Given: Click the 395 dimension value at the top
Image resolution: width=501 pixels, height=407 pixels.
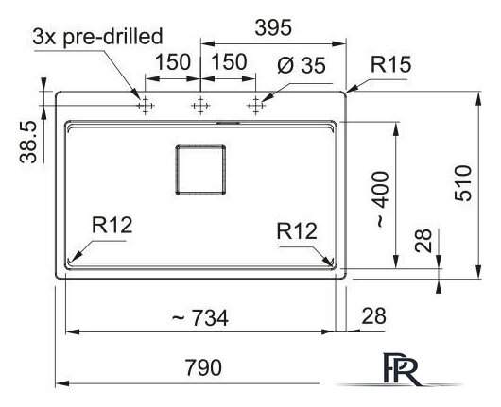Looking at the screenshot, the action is tap(273, 27).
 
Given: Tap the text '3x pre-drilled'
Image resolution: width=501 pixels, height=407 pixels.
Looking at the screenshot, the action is tap(97, 38).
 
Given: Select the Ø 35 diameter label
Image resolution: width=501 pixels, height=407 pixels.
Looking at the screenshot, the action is tap(302, 65).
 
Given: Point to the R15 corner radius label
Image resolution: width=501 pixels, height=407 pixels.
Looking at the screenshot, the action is tap(390, 64).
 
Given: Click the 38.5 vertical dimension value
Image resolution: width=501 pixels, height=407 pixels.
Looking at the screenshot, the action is tap(28, 143).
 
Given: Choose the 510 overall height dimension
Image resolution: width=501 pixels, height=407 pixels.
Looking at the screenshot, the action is tap(463, 183).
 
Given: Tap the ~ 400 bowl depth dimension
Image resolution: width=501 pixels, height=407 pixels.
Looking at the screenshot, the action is tap(382, 200).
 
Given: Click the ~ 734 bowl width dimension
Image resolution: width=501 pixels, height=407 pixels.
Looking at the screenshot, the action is tap(200, 317).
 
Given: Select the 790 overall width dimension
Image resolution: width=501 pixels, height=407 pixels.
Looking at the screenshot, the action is tap(203, 367).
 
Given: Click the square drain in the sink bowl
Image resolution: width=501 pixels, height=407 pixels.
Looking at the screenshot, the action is tap(201, 170).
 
